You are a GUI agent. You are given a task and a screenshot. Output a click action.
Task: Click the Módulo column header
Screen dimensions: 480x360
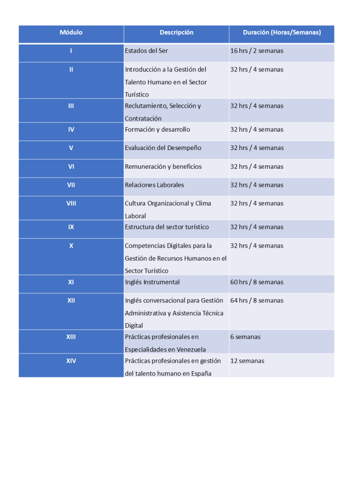tap(71, 32)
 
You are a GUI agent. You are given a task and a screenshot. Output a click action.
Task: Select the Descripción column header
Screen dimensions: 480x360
tap(176, 32)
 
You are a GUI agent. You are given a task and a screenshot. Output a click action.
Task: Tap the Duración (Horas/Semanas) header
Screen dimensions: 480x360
tap(282, 32)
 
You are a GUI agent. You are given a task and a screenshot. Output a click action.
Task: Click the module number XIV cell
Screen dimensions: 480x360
tap(71, 361)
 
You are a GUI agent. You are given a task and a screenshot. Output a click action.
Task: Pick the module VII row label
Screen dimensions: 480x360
tap(71, 185)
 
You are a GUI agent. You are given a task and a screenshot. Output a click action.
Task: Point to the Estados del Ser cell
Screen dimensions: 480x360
tap(146, 51)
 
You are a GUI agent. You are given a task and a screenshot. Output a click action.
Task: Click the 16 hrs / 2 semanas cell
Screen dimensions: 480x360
tap(257, 51)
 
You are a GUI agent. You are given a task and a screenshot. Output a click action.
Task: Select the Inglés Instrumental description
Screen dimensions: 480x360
tap(152, 282)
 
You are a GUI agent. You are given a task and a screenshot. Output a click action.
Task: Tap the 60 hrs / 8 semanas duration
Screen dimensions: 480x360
tap(257, 282)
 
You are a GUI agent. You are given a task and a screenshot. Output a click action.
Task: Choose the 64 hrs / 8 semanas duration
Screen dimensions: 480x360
tap(257, 300)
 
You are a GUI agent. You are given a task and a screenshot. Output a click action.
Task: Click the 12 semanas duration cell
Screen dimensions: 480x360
tap(247, 361)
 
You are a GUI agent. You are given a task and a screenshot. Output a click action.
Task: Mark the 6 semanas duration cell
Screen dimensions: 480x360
tap(245, 337)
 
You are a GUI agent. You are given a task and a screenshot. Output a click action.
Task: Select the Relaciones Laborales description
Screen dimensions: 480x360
tap(154, 185)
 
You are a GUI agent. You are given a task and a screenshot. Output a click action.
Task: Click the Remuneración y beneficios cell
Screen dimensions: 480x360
tap(163, 166)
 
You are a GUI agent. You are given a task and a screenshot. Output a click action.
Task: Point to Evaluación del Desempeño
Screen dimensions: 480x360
tap(163, 148)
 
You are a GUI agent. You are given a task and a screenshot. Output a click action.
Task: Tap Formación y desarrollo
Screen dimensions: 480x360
tap(157, 130)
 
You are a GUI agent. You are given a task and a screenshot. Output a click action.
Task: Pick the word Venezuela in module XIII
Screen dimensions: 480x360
tap(191, 350)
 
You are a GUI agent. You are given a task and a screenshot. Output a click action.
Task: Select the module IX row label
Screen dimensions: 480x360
tap(71, 227)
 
